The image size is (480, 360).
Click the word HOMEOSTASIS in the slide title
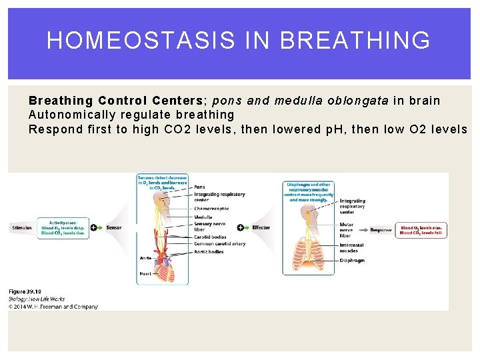pos(141,41)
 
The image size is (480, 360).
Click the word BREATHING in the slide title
pos(355,41)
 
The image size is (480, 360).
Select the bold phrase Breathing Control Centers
pos(117,101)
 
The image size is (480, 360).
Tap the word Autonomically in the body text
pos(69,115)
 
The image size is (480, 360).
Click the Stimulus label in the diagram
pos(21,228)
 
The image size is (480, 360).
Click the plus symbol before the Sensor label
pos(93,228)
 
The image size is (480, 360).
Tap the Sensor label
pos(113,228)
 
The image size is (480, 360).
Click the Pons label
pos(199,187)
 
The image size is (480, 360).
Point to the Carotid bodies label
pos(210,237)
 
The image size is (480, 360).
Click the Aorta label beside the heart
pos(145,257)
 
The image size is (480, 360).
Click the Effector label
pos(261,228)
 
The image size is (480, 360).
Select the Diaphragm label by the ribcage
pos(351,261)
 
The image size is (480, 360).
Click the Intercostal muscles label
pos(352,247)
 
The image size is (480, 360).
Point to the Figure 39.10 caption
pos(25,292)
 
